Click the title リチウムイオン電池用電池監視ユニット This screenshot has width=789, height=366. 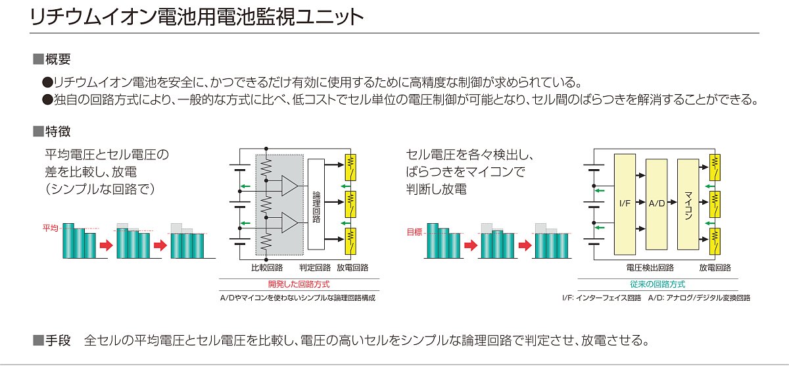(197, 17)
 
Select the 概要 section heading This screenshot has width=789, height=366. (58, 59)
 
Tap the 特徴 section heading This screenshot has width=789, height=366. (58, 132)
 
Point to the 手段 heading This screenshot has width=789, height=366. (58, 340)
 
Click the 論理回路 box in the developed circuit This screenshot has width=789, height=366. (316, 204)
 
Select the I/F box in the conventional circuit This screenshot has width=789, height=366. (625, 204)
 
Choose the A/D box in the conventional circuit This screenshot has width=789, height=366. (657, 204)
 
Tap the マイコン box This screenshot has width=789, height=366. (688, 204)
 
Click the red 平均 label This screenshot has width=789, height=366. (51, 228)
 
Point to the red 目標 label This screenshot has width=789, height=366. (415, 232)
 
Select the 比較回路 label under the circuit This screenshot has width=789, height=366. (267, 268)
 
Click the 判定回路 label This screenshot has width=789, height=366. (315, 268)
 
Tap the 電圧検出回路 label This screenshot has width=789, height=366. (650, 268)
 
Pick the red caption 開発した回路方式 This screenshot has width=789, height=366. (299, 284)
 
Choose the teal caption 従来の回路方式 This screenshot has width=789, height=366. (657, 284)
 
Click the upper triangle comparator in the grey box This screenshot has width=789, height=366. (289, 186)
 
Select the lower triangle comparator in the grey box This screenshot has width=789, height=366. (289, 223)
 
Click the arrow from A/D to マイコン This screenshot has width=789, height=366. (673, 202)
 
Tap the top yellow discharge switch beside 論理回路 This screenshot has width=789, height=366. (350, 167)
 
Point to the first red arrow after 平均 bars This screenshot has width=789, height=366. (106, 245)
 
